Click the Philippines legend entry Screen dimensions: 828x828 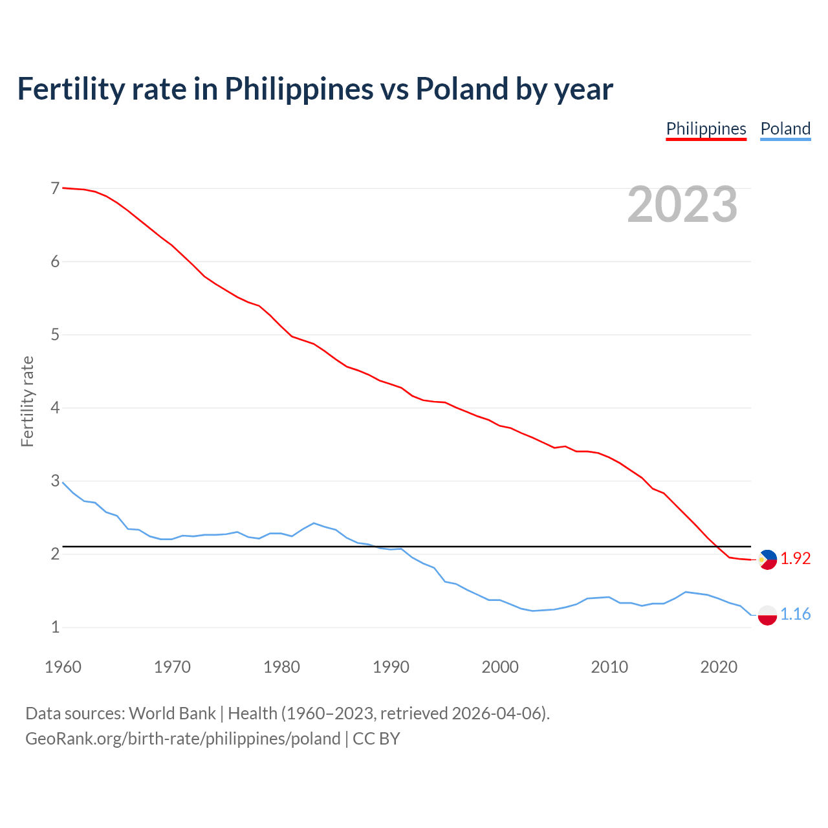706,129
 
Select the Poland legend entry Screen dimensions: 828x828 785,129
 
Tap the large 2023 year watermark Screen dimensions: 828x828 682,204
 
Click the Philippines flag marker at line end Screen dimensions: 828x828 767,559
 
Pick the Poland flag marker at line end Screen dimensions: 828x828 767,615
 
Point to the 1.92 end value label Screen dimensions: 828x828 795,559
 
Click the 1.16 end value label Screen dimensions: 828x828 795,615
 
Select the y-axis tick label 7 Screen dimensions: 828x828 55,189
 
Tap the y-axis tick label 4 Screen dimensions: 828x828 55,408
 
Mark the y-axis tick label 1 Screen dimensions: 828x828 55,627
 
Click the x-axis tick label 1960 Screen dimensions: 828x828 63,667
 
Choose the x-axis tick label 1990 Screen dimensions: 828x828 391,667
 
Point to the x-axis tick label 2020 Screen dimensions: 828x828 719,667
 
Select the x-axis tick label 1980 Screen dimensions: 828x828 281,667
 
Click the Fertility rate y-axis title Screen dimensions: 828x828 27,401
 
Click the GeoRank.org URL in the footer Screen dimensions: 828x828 182,739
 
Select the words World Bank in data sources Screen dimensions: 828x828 172,714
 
